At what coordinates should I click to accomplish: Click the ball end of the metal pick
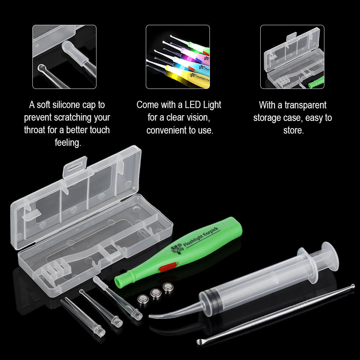click(352, 287)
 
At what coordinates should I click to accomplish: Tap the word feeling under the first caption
click(68, 143)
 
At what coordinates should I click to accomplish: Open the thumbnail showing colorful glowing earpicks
click(178, 57)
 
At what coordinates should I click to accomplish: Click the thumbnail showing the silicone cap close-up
click(64, 57)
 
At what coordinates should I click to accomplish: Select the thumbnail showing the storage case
click(292, 57)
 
